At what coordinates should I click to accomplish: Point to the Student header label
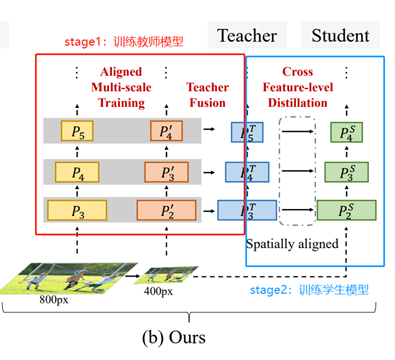tap(339, 36)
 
